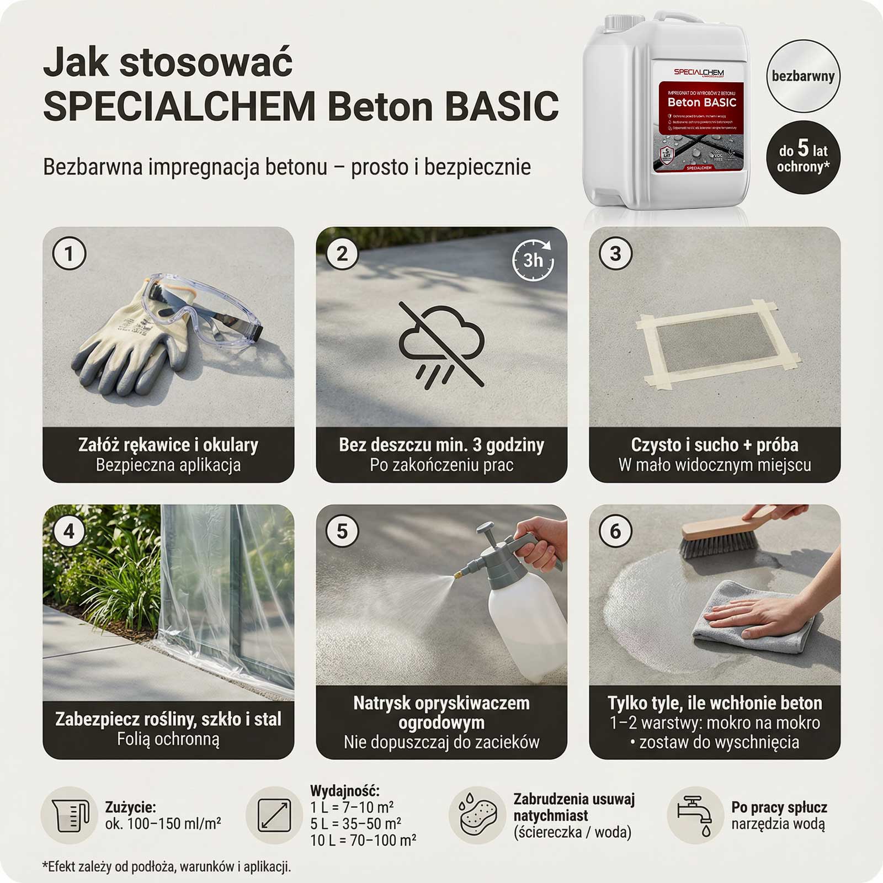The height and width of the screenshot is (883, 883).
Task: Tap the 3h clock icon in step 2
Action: tap(533, 259)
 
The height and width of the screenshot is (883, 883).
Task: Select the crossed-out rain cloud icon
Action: tap(441, 345)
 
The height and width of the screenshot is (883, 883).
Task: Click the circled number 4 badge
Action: tap(69, 531)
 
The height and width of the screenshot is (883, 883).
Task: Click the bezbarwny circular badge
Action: tap(803, 77)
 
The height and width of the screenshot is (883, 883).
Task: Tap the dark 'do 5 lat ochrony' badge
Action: tap(803, 157)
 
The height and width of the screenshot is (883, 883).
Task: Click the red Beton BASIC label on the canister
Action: tap(701, 102)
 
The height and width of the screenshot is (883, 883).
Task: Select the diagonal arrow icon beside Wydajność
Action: tap(275, 815)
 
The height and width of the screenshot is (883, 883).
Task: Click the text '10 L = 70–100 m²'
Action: tap(363, 841)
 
